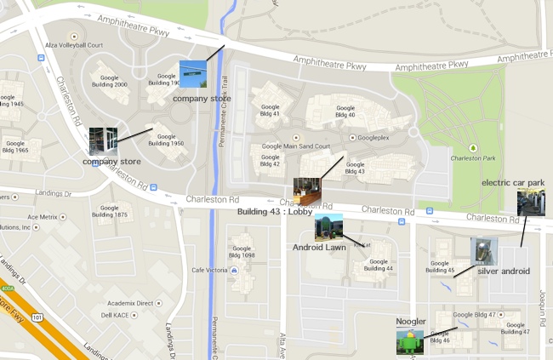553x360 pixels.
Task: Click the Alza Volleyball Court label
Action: tap(74, 47)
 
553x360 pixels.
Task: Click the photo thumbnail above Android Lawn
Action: tap(328, 227)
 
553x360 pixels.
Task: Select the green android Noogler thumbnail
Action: tap(409, 342)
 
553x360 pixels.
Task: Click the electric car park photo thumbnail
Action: tap(531, 203)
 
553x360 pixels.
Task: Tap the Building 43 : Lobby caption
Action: tap(275, 212)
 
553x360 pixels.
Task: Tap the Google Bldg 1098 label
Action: tap(242, 251)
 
